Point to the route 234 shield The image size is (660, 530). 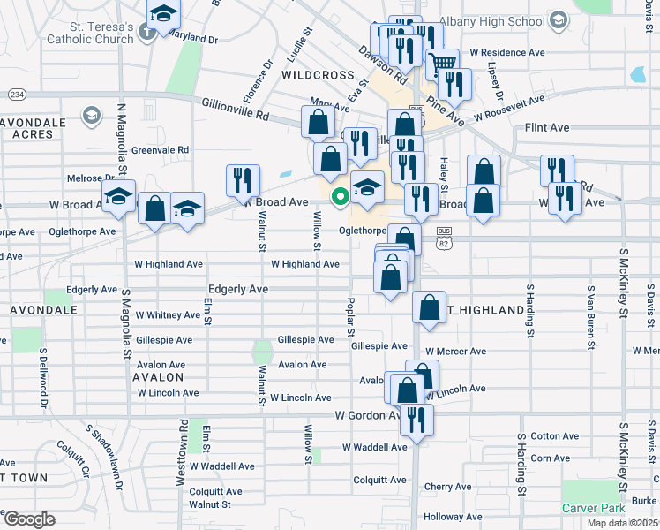click(x=16, y=94)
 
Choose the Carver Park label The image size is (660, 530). click(x=594, y=508)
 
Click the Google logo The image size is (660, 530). click(x=28, y=519)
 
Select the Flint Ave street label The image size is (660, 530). click(x=546, y=127)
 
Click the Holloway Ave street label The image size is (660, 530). click(x=454, y=517)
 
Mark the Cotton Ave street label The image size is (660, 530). click(x=555, y=436)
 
